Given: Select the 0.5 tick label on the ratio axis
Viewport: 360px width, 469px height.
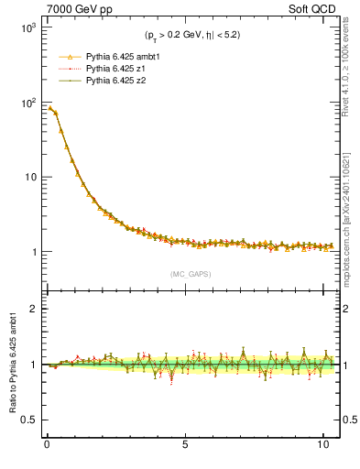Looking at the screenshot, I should (27, 420).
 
